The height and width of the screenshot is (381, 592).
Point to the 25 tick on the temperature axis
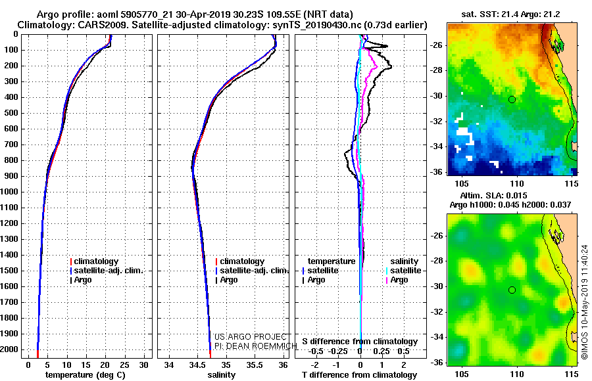tap(124, 365)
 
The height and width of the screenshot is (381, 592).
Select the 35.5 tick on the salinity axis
tap(255, 365)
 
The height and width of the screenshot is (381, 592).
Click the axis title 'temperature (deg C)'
tap(86, 375)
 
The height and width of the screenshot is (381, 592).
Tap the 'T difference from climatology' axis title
tap(359, 375)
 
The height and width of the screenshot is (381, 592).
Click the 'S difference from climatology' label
tap(360, 342)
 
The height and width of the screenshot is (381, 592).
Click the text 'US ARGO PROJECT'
tap(251, 336)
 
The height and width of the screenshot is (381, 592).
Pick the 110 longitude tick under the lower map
tap(517, 374)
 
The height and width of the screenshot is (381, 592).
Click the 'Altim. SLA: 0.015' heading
tap(493, 195)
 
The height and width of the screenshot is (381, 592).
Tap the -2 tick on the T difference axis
tap(314, 365)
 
